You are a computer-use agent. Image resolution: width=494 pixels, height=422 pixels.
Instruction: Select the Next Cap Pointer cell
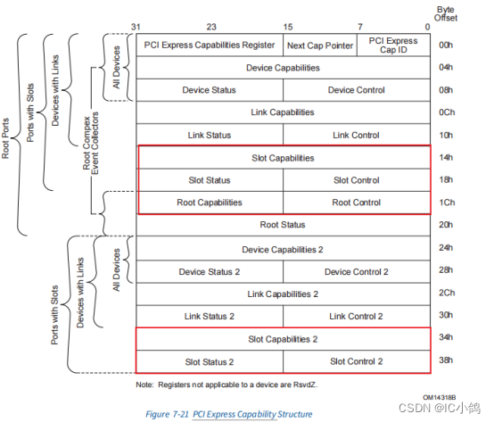pyautogui.click(x=320, y=45)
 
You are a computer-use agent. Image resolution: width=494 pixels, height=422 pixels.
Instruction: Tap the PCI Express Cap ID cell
pyautogui.click(x=393, y=45)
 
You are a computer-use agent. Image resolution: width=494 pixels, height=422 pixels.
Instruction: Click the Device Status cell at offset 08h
pyautogui.click(x=210, y=89)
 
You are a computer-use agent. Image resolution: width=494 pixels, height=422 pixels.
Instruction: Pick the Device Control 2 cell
pyautogui.click(x=356, y=271)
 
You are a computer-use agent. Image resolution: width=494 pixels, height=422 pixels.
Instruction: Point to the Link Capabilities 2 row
pyautogui.click(x=283, y=294)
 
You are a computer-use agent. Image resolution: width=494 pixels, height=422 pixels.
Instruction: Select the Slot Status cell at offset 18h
pyautogui.click(x=210, y=180)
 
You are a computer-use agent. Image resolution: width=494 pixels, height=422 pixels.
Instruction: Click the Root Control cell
pyautogui.click(x=356, y=203)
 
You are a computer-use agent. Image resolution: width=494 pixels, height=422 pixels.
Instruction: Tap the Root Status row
pyautogui.click(x=283, y=225)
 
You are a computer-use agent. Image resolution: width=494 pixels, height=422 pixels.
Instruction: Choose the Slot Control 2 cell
pyautogui.click(x=356, y=361)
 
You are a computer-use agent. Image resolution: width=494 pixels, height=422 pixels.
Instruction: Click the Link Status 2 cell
pyautogui.click(x=210, y=316)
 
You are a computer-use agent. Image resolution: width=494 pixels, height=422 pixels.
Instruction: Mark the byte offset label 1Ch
pyautogui.click(x=446, y=203)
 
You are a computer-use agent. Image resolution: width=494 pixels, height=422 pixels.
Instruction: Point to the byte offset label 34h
pyautogui.click(x=446, y=339)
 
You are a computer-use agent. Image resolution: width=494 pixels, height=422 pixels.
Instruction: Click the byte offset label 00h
pyautogui.click(x=446, y=45)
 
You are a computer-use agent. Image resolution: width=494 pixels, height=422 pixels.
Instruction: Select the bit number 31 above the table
pyautogui.click(x=136, y=26)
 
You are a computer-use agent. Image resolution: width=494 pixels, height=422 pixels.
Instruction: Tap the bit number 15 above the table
pyautogui.click(x=288, y=26)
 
